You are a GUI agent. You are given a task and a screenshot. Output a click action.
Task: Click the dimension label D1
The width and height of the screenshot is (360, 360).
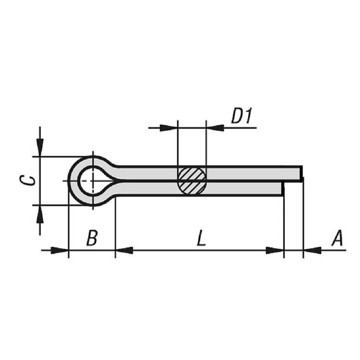[241, 117]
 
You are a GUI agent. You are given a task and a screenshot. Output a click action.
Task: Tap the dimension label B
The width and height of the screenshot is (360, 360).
[92, 239]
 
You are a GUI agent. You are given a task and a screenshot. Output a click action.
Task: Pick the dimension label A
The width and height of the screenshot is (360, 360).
[337, 239]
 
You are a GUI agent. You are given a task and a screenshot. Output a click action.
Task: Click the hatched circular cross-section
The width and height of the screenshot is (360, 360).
[192, 181]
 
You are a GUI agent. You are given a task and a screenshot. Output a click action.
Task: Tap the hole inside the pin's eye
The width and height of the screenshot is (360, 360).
[93, 181]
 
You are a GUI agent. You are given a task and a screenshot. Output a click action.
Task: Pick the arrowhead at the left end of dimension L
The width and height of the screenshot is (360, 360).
[124, 250]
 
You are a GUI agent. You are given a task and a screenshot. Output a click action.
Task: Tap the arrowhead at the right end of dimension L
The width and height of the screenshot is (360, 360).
[275, 250]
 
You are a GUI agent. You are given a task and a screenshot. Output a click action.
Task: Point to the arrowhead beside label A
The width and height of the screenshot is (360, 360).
[313, 250]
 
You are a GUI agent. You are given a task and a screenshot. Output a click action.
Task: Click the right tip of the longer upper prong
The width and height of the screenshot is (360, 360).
[301, 173]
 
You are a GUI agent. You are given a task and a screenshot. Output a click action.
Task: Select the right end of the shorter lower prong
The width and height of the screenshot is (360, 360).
[282, 188]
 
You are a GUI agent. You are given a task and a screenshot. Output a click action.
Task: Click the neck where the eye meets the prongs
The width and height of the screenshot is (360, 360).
[116, 181]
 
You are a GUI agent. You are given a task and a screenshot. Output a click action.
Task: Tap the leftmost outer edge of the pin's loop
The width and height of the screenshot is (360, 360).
[69, 181]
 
